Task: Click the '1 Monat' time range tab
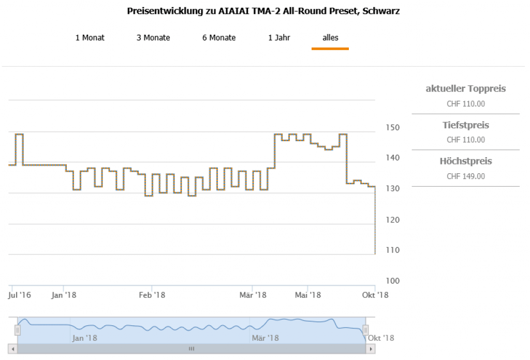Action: pyautogui.click(x=90, y=38)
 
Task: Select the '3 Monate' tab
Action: pyautogui.click(x=153, y=38)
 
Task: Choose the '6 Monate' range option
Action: pyautogui.click(x=219, y=38)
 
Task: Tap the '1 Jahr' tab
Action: pyautogui.click(x=279, y=38)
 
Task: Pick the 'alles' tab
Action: pyautogui.click(x=330, y=38)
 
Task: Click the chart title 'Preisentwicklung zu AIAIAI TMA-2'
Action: pyautogui.click(x=263, y=11)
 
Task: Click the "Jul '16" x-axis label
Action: pyautogui.click(x=20, y=295)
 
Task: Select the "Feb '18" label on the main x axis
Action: pyautogui.click(x=152, y=295)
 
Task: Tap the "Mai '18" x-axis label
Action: pyautogui.click(x=308, y=295)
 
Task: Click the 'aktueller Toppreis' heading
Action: pyautogui.click(x=466, y=88)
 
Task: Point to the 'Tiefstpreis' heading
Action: pyautogui.click(x=466, y=125)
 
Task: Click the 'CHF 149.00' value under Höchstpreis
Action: pyautogui.click(x=466, y=176)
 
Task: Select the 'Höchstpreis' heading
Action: pyautogui.click(x=466, y=161)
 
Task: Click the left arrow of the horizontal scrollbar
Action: pyautogui.click(x=13, y=349)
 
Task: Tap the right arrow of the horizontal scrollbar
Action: pyautogui.click(x=370, y=349)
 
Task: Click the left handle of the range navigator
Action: pyautogui.click(x=17, y=330)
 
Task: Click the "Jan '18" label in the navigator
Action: pyautogui.click(x=84, y=338)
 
